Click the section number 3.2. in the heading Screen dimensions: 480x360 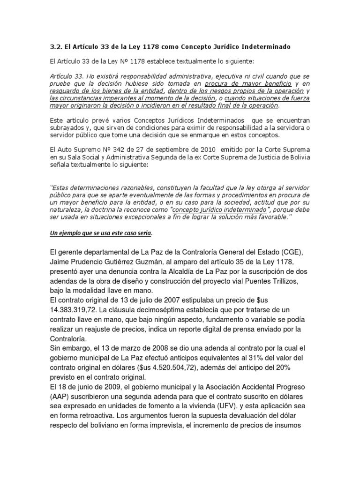[x=57, y=47]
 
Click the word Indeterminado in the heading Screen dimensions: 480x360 [x=267, y=47]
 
